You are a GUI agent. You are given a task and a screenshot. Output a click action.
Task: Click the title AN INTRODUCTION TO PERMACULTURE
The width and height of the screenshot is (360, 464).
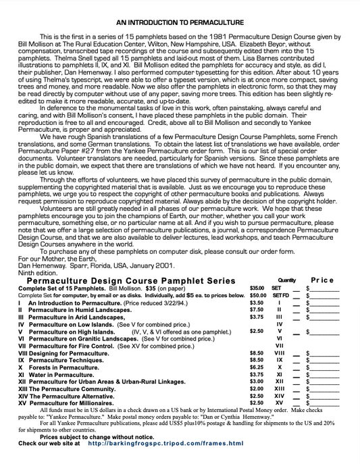click(x=180, y=22)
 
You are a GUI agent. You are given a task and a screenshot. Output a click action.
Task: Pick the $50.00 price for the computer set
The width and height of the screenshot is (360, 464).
click(x=257, y=295)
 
